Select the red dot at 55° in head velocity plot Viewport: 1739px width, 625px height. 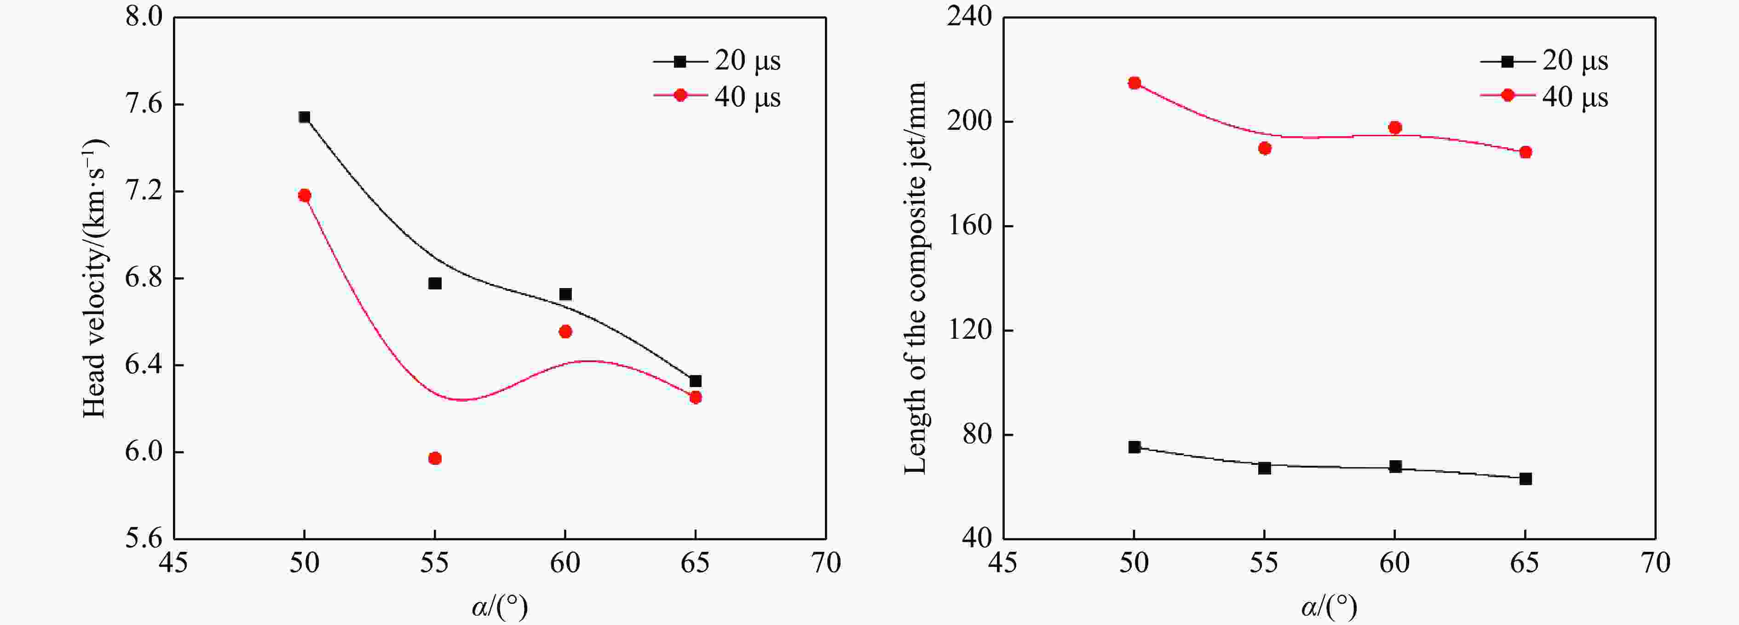[x=435, y=458]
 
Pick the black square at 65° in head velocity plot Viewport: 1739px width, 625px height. [x=695, y=381]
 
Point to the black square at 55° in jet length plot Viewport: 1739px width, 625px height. [x=1264, y=468]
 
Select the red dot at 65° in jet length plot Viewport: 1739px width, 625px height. [x=1526, y=152]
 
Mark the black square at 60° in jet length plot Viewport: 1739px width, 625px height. [x=1395, y=466]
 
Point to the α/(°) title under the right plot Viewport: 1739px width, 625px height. [x=1329, y=607]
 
